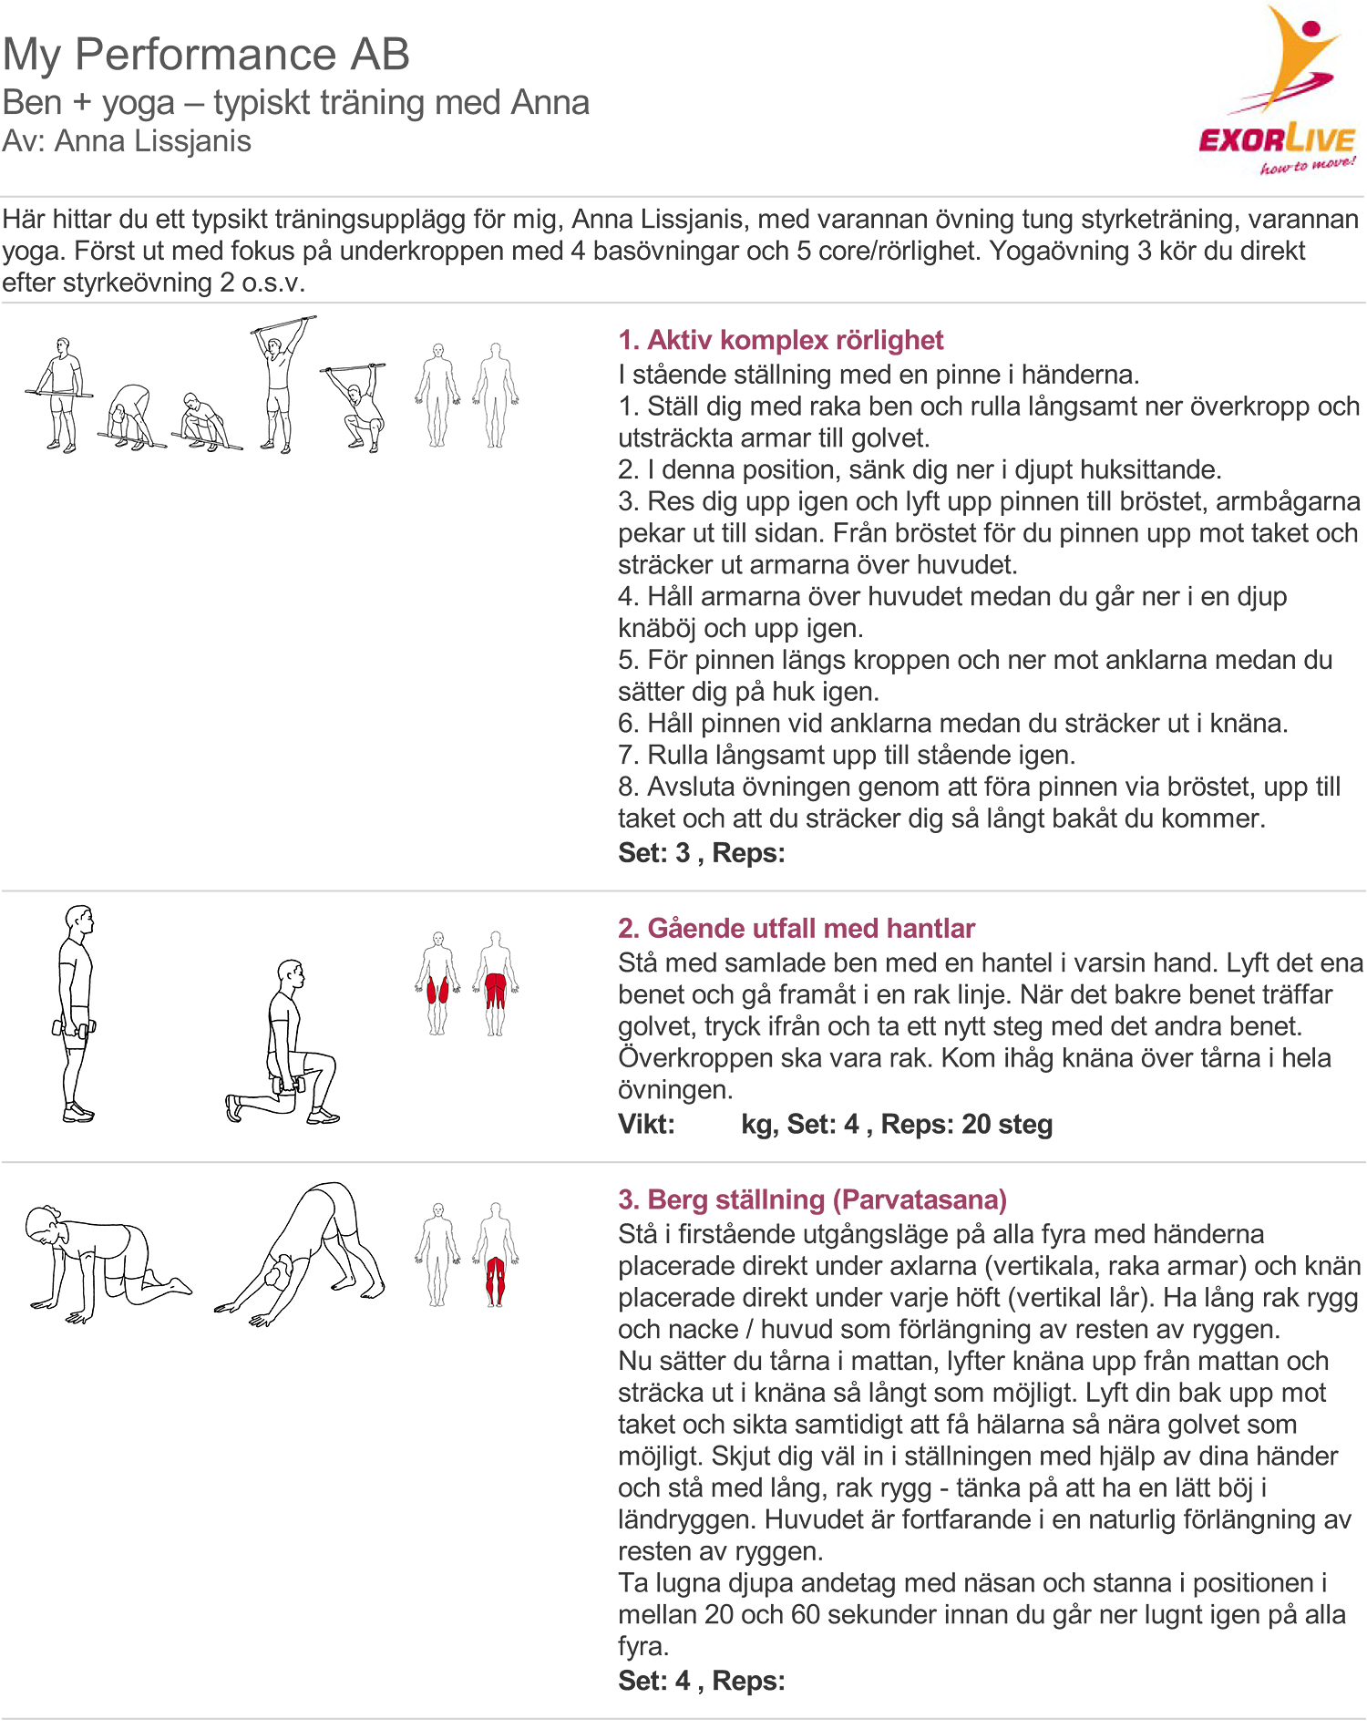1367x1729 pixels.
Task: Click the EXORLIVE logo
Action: (1278, 91)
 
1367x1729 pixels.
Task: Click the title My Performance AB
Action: (206, 55)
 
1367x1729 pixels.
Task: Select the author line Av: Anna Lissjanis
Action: (127, 141)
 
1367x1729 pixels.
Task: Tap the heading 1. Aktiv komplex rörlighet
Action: (780, 340)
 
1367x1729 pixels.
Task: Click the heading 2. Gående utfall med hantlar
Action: (796, 928)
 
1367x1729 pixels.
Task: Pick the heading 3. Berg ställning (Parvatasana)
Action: (811, 1199)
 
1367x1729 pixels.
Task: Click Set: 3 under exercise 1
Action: (653, 853)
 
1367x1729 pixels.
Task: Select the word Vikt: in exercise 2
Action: (646, 1124)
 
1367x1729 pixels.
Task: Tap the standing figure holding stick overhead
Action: (281, 383)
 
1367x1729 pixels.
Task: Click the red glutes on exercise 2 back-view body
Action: (495, 984)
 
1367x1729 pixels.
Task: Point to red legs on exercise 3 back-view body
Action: (495, 1276)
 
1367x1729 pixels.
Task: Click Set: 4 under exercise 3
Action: (653, 1681)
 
